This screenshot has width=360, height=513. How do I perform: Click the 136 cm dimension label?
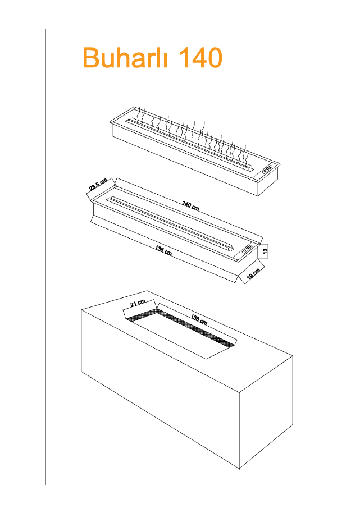tap(163, 250)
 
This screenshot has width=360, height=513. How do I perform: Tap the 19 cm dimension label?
tap(253, 274)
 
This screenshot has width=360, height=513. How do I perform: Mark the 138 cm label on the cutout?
tap(199, 320)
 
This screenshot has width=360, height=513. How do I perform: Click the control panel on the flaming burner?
tap(266, 167)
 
